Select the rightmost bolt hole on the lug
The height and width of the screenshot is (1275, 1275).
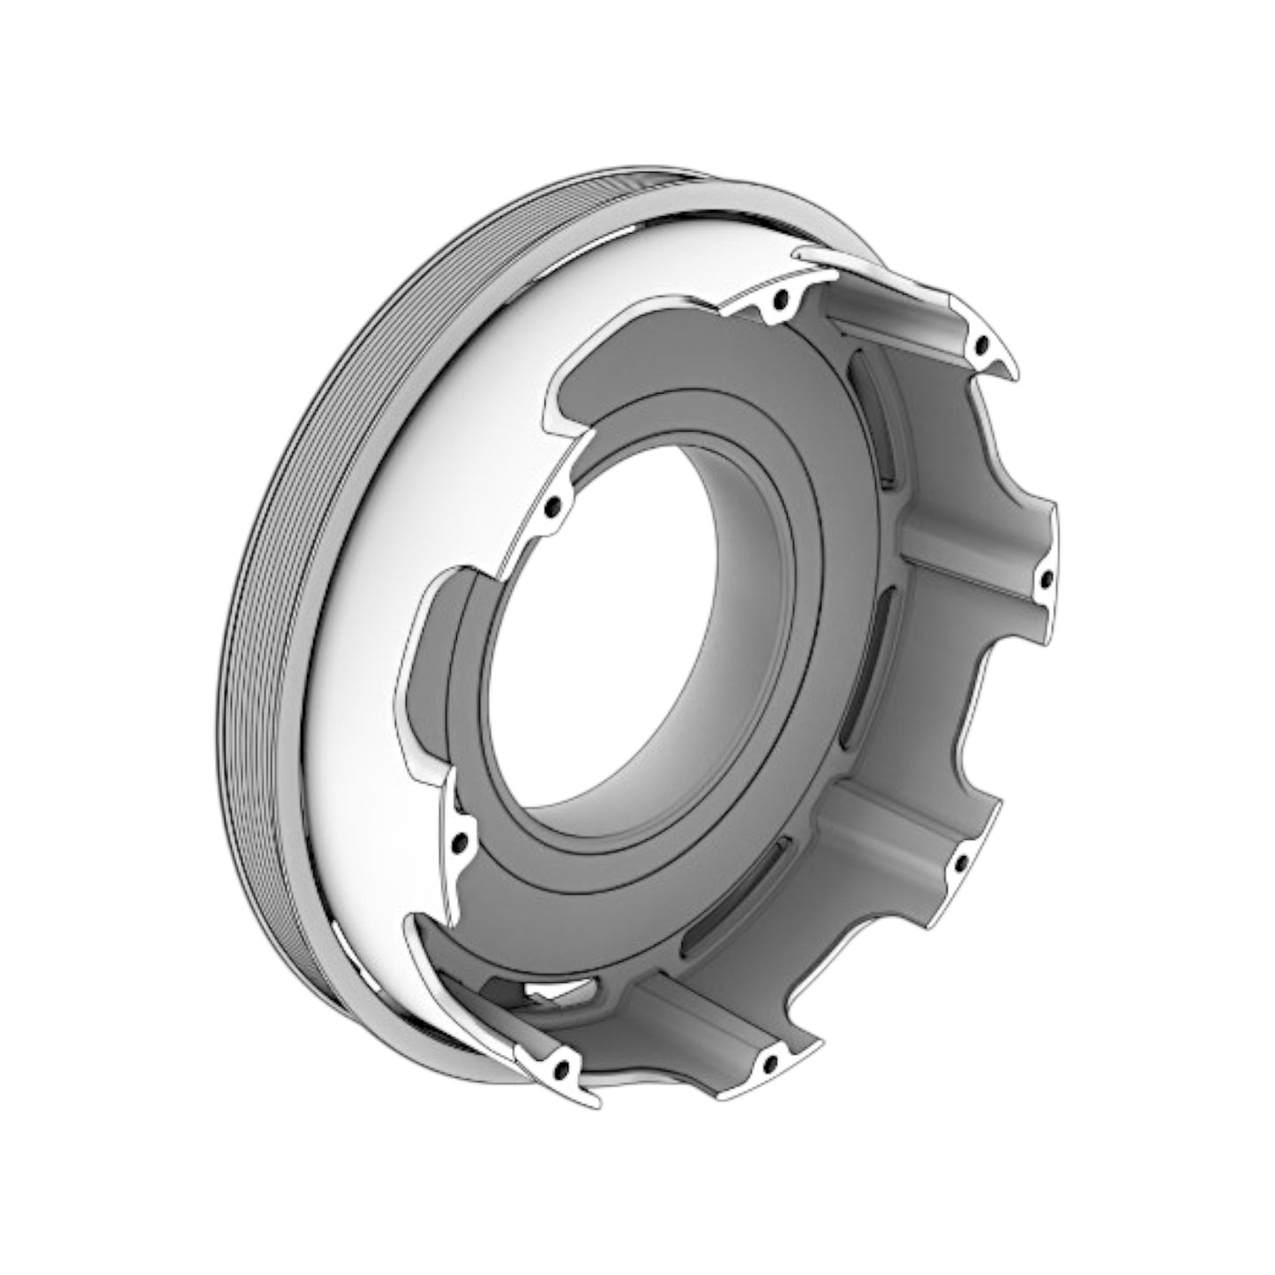pyautogui.click(x=1046, y=580)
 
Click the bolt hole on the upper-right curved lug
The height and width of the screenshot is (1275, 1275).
pyautogui.click(x=982, y=345)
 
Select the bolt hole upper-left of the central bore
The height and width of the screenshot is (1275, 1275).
pyautogui.click(x=553, y=509)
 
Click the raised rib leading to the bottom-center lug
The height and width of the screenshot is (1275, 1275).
pyautogui.click(x=697, y=1015)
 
